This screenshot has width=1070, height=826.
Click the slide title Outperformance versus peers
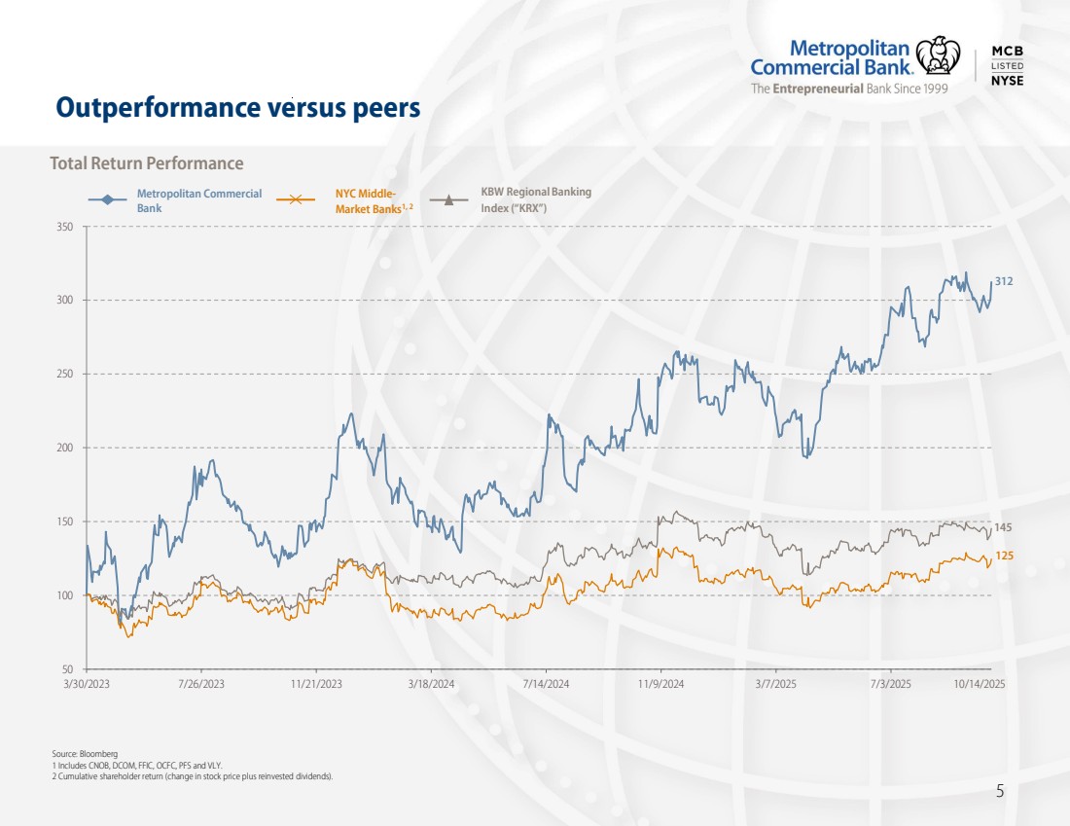coord(238,107)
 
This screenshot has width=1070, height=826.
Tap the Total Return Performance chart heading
coord(147,163)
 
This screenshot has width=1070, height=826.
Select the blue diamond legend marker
coord(108,199)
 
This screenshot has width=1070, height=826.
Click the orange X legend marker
coord(296,199)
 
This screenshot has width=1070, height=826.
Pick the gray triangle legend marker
coord(449,199)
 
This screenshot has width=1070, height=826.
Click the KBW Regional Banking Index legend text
coord(535,199)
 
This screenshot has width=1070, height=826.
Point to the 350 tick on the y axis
coord(65,227)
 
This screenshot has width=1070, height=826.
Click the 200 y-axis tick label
coord(65,448)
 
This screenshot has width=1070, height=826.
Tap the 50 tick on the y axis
coord(68,669)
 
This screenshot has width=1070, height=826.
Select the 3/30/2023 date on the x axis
coord(87,685)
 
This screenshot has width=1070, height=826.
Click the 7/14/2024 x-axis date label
coord(546,685)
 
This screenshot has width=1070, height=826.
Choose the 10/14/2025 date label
coord(979,685)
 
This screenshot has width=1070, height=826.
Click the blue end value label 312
coord(1005,281)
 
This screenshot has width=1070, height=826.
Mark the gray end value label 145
coord(1004,527)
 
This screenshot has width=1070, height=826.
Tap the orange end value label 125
coord(1004,556)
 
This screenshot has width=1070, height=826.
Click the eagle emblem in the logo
coord(938,55)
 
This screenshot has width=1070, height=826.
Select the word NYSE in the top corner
coord(1007,81)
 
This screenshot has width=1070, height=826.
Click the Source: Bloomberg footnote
coord(85,754)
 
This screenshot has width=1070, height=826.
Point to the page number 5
coord(1000,792)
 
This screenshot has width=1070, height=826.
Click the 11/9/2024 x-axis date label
coord(661,685)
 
